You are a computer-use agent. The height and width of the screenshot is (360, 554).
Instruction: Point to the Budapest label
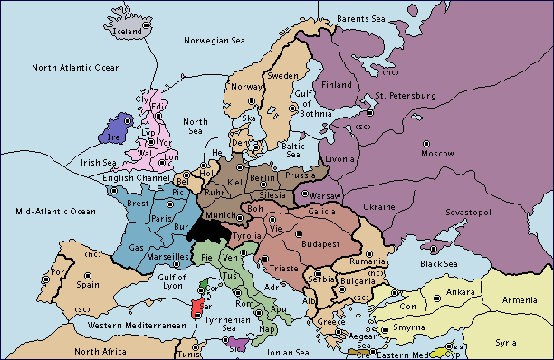point(318,243)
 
